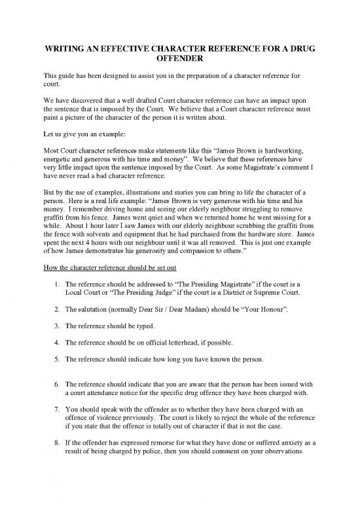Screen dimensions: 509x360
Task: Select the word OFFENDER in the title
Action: [179, 61]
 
